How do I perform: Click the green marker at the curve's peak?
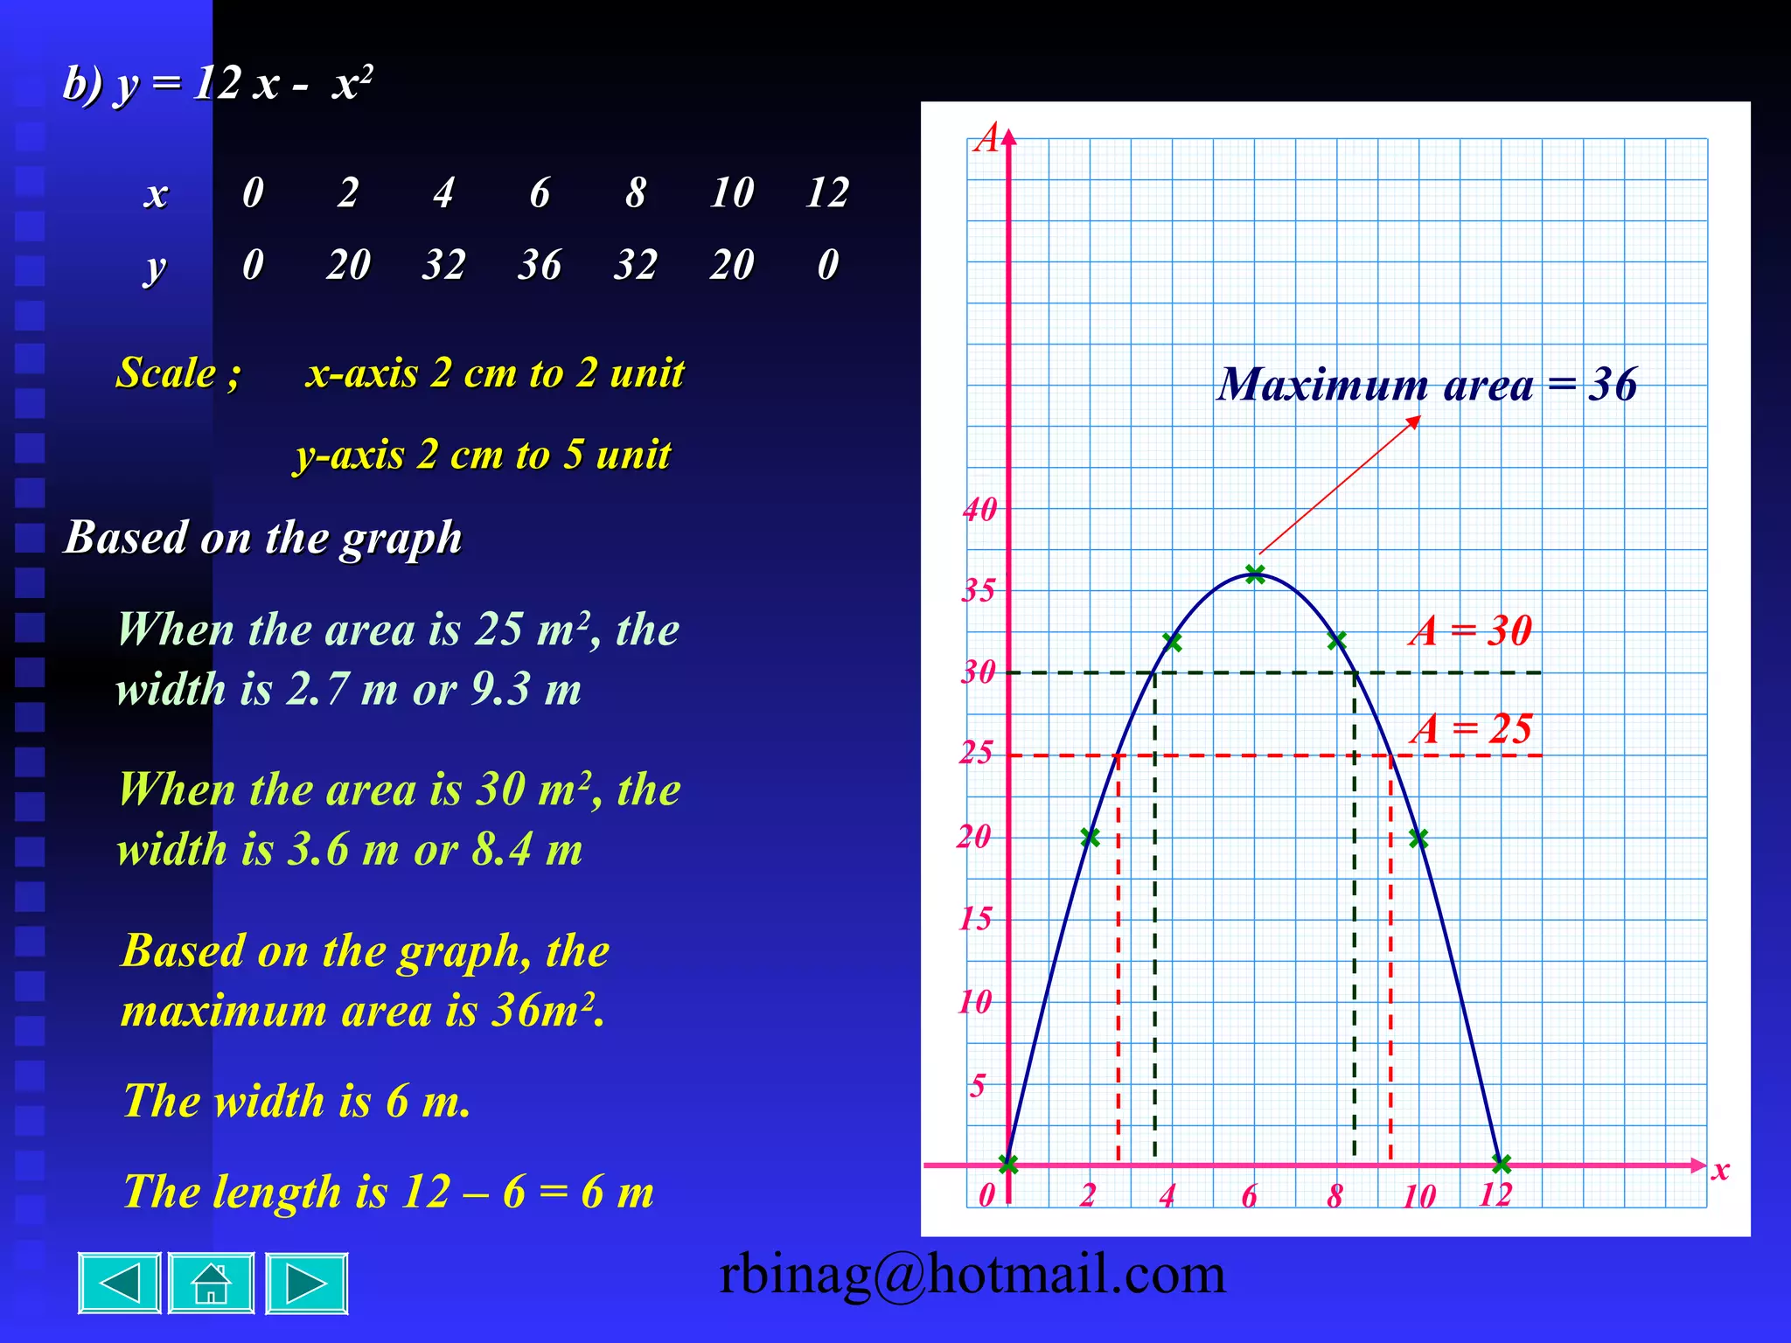click(1255, 574)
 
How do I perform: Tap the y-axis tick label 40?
click(980, 510)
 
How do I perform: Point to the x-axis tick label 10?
click(1419, 1196)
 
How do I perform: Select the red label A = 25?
click(1471, 728)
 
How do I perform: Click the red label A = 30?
click(1471, 630)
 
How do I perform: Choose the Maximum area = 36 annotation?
click(1427, 384)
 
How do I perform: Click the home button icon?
click(211, 1284)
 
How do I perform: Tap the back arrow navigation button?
click(120, 1284)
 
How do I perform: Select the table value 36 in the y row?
click(540, 264)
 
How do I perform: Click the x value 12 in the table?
click(827, 192)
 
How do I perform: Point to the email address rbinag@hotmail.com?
click(972, 1274)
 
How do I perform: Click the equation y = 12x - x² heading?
click(219, 85)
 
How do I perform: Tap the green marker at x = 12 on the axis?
click(1502, 1164)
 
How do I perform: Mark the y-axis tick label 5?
click(978, 1086)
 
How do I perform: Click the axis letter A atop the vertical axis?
click(987, 138)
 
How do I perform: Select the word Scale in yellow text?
click(166, 372)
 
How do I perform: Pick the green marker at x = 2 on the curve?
click(1090, 838)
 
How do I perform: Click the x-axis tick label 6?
click(1250, 1196)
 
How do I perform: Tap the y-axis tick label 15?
click(976, 919)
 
